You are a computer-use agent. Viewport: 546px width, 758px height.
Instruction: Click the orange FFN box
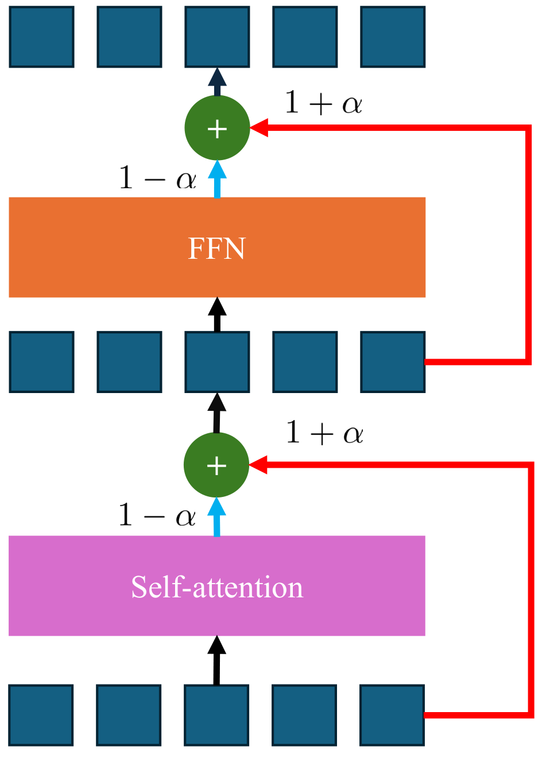pos(217,247)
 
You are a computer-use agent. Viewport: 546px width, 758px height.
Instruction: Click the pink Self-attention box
pos(217,586)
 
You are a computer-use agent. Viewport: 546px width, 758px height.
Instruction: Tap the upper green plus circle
pos(217,128)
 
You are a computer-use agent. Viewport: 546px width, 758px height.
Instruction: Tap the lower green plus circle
pos(216,465)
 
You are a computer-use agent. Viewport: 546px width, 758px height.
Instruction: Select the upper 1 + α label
pos(323,103)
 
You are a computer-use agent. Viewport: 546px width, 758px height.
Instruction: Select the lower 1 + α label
pos(324,433)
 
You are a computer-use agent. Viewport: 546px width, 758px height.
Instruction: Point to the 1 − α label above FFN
pos(157,178)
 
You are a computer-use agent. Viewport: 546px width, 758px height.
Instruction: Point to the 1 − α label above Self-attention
pos(157,515)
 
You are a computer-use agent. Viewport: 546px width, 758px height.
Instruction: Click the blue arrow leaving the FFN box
pos(217,179)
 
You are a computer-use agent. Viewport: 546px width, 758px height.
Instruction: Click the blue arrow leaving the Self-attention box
pos(216,516)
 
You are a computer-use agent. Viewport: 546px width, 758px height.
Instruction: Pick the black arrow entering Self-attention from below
pos(216,660)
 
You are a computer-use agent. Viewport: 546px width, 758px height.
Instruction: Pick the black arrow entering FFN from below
pos(217,314)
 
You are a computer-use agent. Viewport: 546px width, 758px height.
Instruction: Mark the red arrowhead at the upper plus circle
pos(260,128)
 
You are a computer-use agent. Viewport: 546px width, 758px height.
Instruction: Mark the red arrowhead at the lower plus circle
pos(258,465)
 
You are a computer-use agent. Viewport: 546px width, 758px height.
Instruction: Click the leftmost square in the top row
pos(42,37)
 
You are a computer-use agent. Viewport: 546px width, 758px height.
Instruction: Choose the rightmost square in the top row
pos(393,37)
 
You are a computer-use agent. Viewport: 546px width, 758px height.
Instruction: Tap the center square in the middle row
pos(217,362)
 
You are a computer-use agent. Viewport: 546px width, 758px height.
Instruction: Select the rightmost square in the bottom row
pos(392,715)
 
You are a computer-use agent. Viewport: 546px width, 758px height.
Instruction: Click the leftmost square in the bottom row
pos(41,715)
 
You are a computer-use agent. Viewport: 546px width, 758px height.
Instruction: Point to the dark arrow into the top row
pos(216,81)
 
